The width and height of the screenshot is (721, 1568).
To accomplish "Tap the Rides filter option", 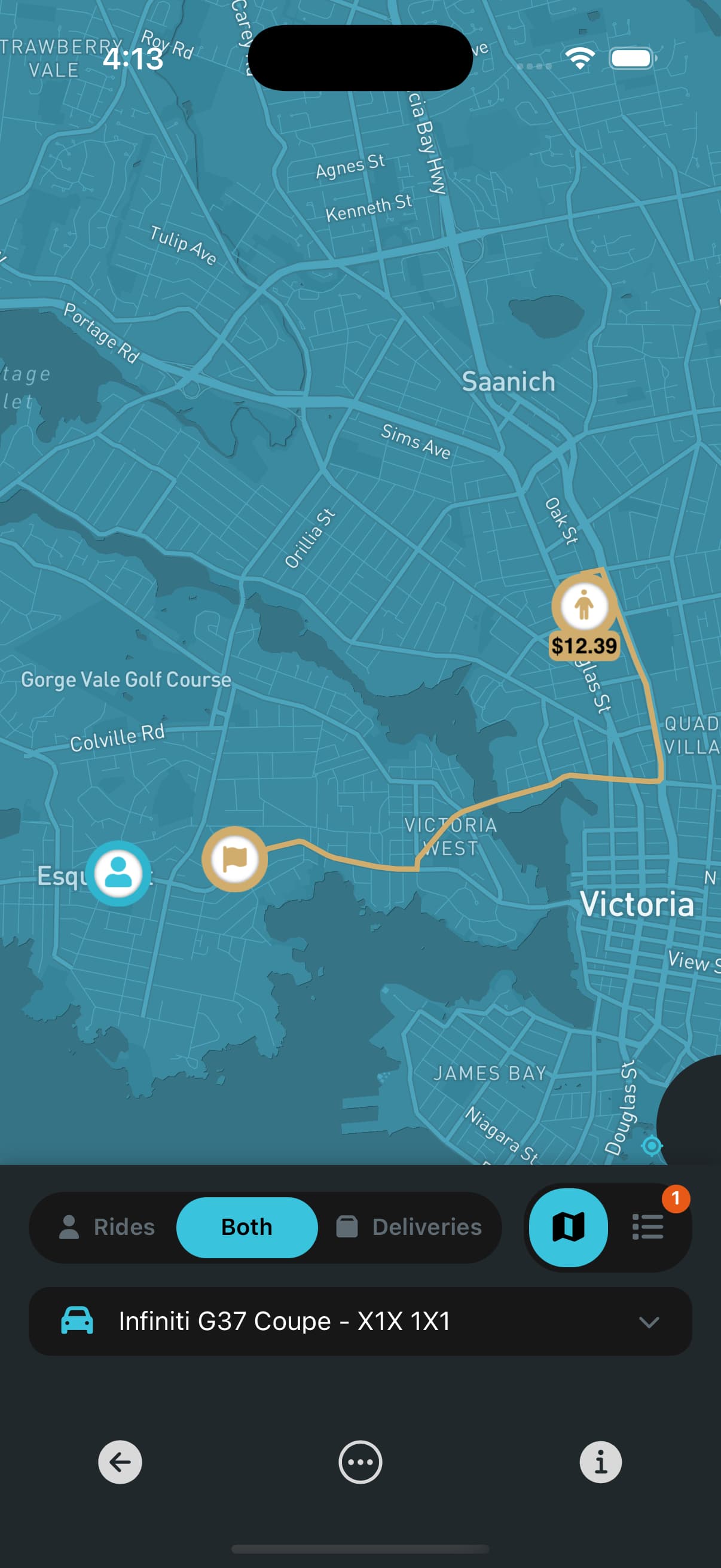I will (x=107, y=1227).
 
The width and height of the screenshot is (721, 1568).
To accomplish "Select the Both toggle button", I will (x=246, y=1227).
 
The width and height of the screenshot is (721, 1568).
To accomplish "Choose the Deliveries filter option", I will (x=409, y=1227).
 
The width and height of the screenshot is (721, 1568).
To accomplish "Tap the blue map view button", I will (x=569, y=1227).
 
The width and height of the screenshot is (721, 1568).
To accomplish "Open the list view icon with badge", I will (x=647, y=1227).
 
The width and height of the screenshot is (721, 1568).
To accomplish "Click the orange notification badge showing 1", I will (x=676, y=1198).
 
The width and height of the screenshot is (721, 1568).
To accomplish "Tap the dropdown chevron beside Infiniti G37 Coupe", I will (x=649, y=1322).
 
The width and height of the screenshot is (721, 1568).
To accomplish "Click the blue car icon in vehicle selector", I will (x=77, y=1321).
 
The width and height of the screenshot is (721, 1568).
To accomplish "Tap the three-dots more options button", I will (x=360, y=1462).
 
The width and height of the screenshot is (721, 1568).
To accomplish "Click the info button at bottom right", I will (x=600, y=1462).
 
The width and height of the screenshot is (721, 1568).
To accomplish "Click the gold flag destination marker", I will (x=234, y=859).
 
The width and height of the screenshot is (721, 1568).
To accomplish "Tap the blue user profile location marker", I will (x=118, y=874).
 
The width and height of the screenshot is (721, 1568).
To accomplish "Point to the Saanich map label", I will (x=508, y=382).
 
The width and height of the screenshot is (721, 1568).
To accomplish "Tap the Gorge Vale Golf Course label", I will (x=126, y=679).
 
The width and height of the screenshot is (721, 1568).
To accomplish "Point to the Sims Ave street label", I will (x=416, y=441).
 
